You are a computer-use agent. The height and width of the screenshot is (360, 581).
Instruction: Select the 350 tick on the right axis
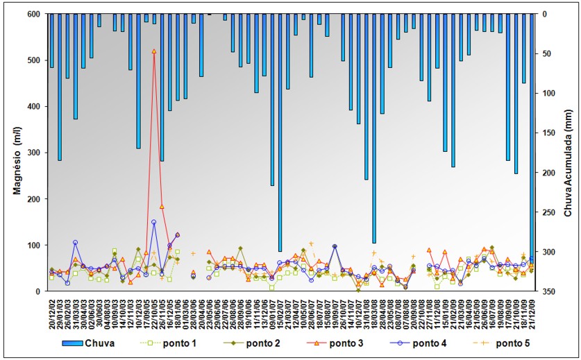point(548,291)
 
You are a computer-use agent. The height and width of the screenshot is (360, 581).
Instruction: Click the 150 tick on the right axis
point(548,132)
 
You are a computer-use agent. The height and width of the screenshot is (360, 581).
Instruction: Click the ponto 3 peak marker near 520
point(154,51)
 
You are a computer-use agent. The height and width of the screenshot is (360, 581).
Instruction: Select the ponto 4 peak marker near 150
point(154,222)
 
